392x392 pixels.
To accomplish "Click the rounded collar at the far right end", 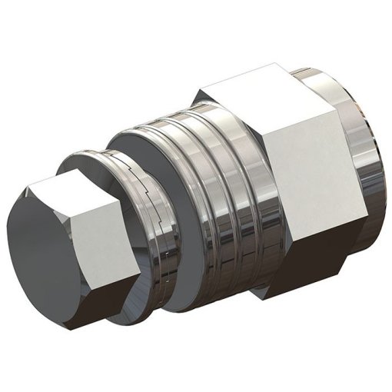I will pos(361,154).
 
